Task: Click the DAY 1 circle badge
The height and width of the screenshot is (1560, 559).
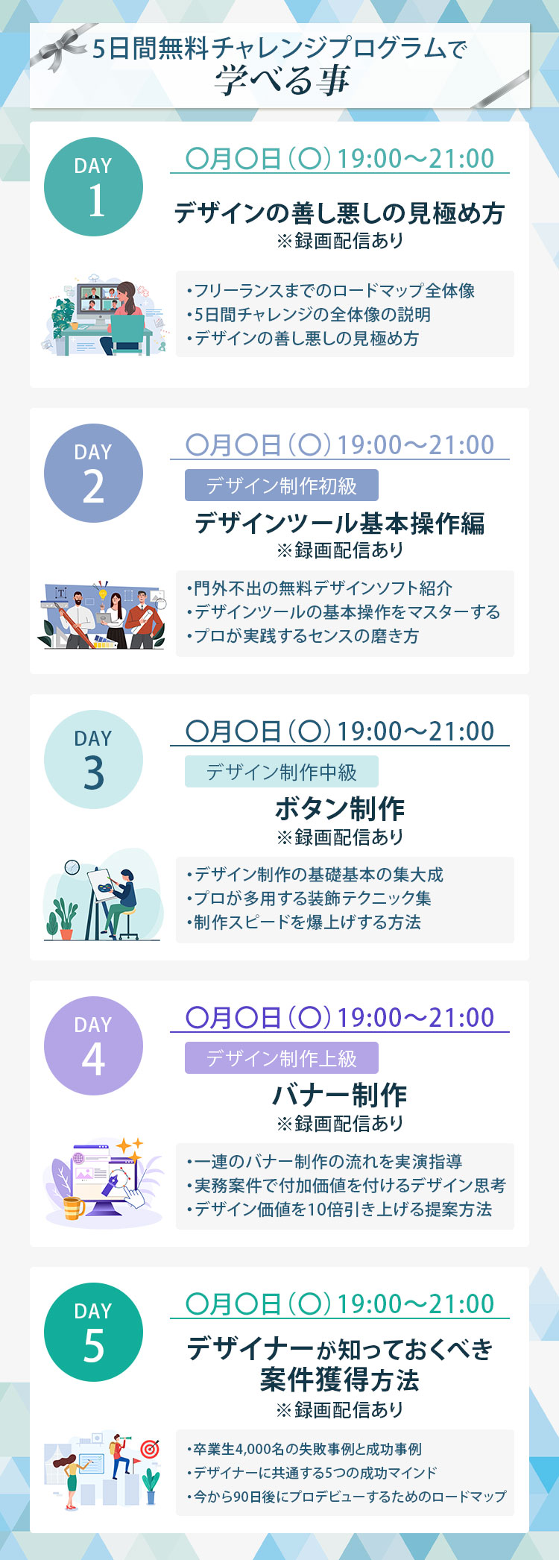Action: pyautogui.click(x=93, y=187)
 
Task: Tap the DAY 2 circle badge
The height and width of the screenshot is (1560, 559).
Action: pyautogui.click(x=93, y=474)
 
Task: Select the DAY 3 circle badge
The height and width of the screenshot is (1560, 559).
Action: pyautogui.click(x=93, y=760)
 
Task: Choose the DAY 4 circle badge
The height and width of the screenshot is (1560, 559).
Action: pyautogui.click(x=93, y=1046)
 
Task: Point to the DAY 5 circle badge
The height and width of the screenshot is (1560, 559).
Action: pyautogui.click(x=93, y=1333)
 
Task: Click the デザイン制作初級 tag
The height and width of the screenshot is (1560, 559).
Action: pyautogui.click(x=282, y=485)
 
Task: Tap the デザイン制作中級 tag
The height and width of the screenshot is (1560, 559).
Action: pyautogui.click(x=282, y=772)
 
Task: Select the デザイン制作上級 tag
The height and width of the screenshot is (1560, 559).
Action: pyautogui.click(x=282, y=1058)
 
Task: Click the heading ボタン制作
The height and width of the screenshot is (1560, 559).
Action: pyautogui.click(x=340, y=808)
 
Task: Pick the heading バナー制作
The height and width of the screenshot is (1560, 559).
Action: pyautogui.click(x=340, y=1095)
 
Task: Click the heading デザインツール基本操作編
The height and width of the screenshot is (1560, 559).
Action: pyautogui.click(x=340, y=523)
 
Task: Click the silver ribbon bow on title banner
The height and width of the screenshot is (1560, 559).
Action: pyautogui.click(x=60, y=48)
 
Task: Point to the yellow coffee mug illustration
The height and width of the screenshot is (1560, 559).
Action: pyautogui.click(x=73, y=1207)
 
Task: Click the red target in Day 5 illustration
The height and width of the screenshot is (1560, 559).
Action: pyautogui.click(x=151, y=1448)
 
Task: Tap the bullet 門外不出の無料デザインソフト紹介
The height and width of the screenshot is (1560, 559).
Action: pyautogui.click(x=320, y=588)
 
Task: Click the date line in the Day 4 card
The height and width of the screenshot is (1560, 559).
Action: pyautogui.click(x=340, y=1018)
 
